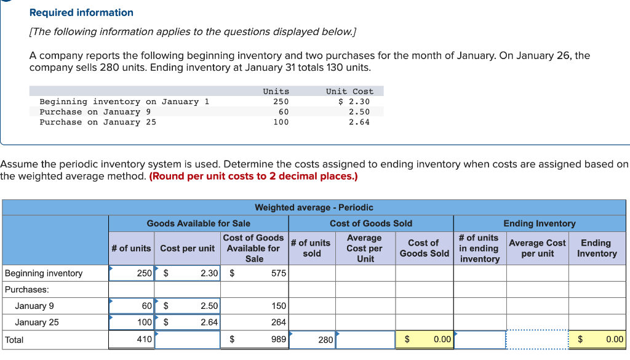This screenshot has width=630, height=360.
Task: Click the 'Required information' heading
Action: tap(81, 12)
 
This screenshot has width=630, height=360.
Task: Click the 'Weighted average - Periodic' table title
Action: tap(314, 207)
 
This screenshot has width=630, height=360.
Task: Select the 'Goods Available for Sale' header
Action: tap(198, 223)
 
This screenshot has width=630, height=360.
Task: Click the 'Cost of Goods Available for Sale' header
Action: tap(253, 248)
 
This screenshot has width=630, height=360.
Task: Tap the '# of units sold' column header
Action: tap(312, 248)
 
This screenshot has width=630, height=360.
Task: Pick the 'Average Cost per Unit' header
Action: tap(364, 248)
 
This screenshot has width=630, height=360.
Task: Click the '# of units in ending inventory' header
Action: tap(479, 248)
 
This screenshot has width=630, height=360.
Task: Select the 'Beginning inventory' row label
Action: tap(44, 273)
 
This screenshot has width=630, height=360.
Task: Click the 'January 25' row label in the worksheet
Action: tap(37, 322)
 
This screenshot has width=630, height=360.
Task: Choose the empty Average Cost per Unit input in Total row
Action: tap(365, 340)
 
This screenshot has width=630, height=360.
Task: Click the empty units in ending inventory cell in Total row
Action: tap(479, 340)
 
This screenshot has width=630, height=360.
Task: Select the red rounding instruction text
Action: tap(253, 177)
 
